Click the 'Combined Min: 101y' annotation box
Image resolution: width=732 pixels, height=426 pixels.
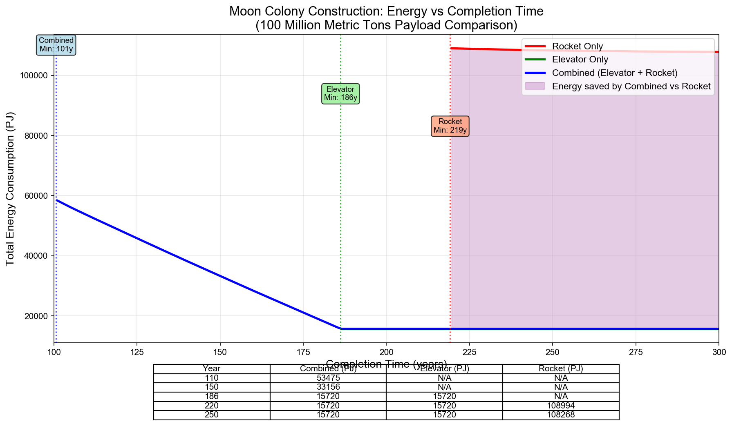[x=56, y=45]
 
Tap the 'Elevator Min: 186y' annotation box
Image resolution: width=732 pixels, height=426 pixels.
[x=340, y=93]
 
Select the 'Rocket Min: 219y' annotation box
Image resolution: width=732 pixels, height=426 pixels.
[x=450, y=126]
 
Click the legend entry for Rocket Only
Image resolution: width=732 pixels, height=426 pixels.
[x=577, y=47]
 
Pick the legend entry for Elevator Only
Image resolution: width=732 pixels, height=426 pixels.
[x=580, y=60]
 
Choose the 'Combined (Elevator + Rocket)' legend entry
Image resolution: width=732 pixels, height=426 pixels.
[x=614, y=73]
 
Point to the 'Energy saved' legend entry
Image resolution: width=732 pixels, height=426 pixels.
[x=631, y=86]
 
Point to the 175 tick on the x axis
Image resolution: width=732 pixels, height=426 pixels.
[x=303, y=351]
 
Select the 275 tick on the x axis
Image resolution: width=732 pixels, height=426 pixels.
[x=636, y=351]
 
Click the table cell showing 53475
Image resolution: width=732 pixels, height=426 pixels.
[x=328, y=378]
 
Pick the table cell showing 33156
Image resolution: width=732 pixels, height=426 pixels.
[x=328, y=387]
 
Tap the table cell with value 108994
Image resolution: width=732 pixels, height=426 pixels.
[x=561, y=406]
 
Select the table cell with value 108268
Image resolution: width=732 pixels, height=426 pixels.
[x=561, y=415]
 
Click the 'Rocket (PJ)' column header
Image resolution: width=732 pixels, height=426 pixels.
[x=561, y=369]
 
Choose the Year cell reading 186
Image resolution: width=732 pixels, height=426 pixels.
[x=212, y=397]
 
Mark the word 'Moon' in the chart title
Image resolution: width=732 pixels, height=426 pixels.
[x=242, y=11]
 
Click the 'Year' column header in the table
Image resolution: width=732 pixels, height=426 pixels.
[x=212, y=369]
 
